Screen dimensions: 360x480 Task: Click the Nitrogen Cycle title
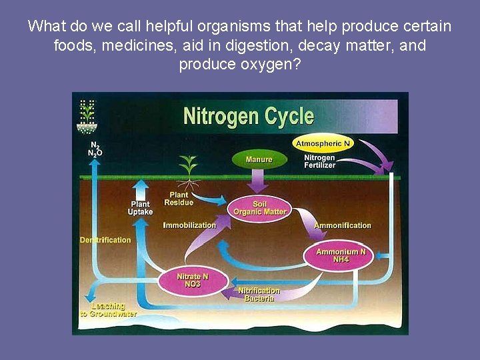click(248, 117)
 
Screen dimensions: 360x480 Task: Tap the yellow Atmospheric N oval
click(323, 143)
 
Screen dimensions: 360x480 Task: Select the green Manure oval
click(259, 159)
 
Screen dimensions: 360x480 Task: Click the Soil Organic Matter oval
click(259, 208)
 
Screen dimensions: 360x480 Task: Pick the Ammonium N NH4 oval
click(341, 255)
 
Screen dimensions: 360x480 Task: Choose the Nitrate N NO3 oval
click(193, 280)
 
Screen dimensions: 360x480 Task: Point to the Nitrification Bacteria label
click(259, 295)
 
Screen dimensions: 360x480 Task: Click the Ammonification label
click(342, 225)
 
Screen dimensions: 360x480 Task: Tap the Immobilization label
click(189, 225)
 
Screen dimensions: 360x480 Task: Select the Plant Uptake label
click(140, 208)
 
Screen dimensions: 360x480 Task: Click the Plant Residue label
click(179, 198)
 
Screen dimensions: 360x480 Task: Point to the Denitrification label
click(105, 240)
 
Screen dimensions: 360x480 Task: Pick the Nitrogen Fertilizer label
click(320, 161)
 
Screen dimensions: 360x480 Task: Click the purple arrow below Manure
click(258, 180)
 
